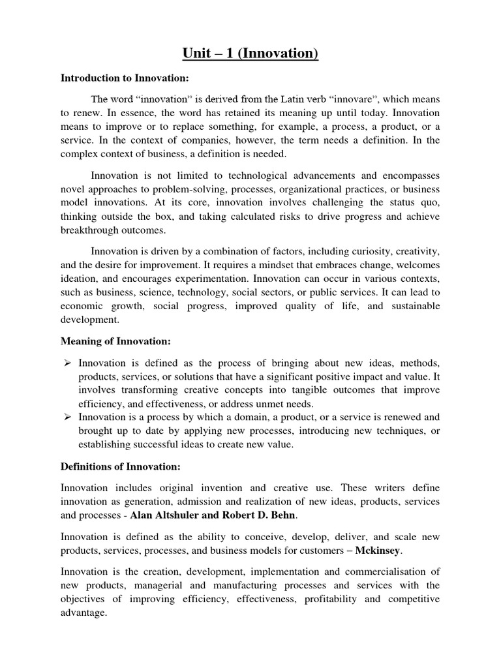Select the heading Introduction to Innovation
[124, 78]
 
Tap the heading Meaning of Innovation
[115, 341]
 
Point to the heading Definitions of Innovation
[119, 467]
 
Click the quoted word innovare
[354, 99]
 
